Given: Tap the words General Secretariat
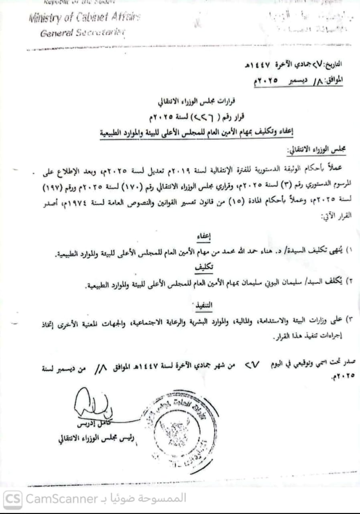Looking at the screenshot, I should (83, 33).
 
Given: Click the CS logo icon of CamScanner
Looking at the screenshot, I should (13, 499).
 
